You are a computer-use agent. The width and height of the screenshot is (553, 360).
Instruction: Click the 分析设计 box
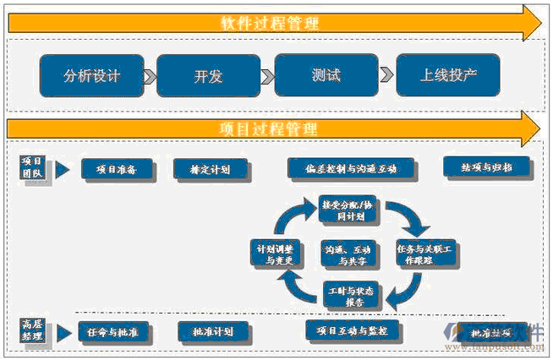tap(92, 75)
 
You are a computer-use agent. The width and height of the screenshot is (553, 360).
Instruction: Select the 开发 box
tap(208, 76)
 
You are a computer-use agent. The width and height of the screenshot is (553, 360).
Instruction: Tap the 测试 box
tap(326, 75)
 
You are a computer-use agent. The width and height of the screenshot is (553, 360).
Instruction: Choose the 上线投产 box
tap(448, 74)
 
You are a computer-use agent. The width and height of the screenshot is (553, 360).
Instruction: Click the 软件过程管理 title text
tap(270, 23)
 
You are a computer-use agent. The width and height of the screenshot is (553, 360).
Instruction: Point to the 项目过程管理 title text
tap(269, 128)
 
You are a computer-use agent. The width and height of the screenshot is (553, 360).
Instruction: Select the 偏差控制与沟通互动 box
tap(353, 168)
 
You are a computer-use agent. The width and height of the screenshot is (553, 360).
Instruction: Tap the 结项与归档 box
tap(486, 166)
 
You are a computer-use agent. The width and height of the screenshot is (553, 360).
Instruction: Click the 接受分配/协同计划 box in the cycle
tap(348, 210)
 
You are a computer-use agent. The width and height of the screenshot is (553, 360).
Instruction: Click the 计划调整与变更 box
tap(276, 254)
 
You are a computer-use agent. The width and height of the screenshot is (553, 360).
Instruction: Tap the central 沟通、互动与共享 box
tap(348, 254)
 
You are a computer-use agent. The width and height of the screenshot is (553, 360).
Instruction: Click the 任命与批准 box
tap(113, 332)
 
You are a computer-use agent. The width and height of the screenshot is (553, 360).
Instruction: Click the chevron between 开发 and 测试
tap(267, 77)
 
